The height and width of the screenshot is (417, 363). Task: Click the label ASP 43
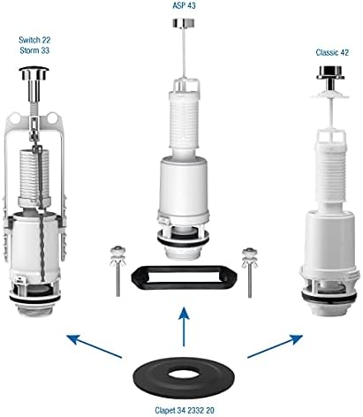click(184, 5)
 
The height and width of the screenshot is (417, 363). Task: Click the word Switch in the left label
click(28, 40)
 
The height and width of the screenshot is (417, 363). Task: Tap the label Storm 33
click(34, 50)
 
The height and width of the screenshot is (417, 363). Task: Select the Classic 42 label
click(332, 52)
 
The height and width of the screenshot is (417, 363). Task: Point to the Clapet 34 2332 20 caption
click(185, 410)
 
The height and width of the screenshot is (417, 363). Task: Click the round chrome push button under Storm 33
click(34, 73)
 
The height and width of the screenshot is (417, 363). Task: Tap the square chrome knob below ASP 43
click(183, 23)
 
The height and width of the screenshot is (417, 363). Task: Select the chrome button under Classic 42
click(330, 72)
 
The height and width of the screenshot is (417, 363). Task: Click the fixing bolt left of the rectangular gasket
click(117, 271)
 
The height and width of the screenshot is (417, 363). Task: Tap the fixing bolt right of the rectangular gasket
click(250, 272)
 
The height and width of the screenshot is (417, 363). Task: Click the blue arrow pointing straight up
click(184, 326)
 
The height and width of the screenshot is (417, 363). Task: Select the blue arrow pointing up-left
click(95, 346)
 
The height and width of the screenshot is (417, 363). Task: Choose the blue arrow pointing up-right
click(275, 346)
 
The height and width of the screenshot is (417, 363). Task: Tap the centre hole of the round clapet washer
click(184, 375)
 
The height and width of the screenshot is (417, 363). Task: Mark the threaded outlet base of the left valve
click(34, 310)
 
